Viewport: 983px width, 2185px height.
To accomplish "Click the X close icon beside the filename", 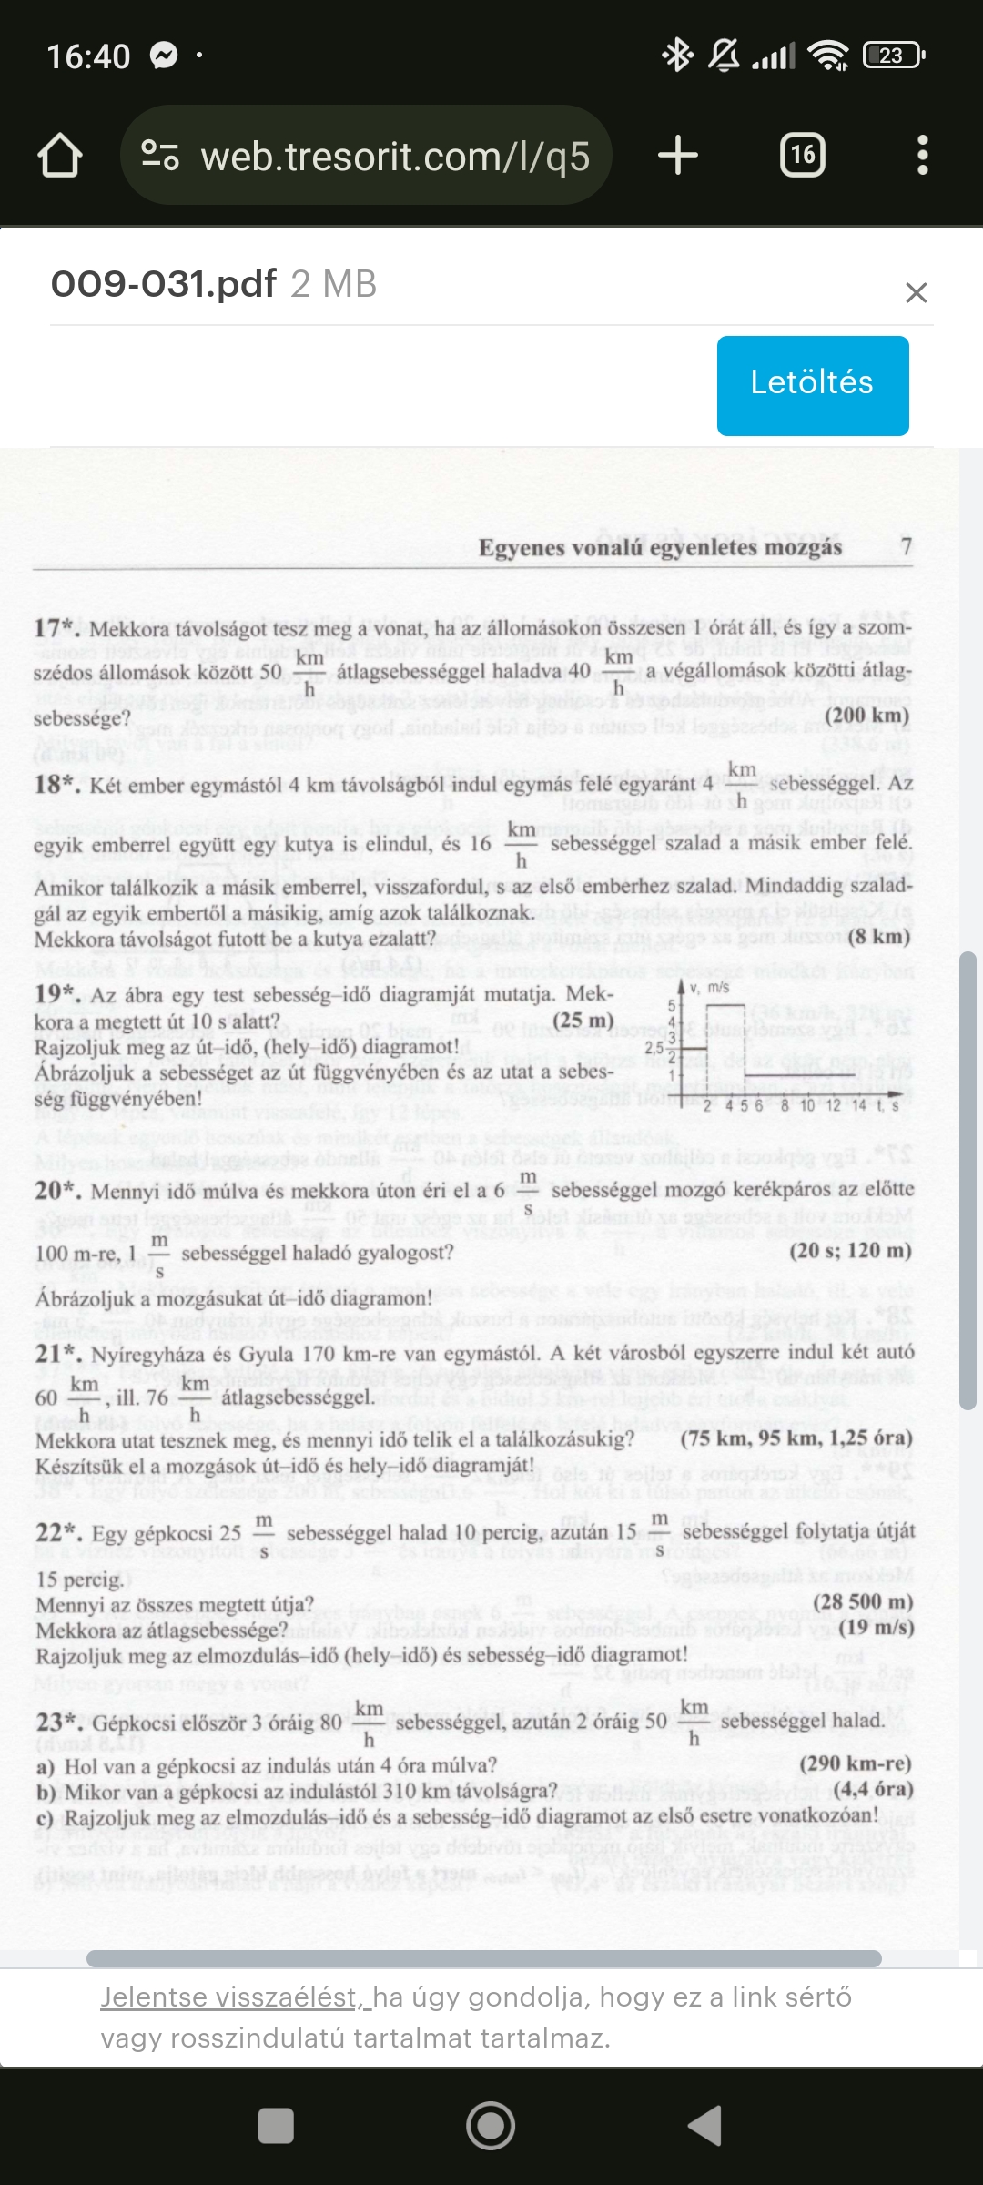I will (x=916, y=292).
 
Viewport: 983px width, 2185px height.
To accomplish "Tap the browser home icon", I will (x=60, y=156).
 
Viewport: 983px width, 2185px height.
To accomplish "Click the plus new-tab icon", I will (x=678, y=156).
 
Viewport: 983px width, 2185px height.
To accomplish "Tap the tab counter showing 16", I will (x=803, y=156).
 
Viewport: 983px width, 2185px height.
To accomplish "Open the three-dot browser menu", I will (x=922, y=156).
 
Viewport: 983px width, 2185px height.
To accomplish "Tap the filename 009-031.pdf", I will (x=164, y=284).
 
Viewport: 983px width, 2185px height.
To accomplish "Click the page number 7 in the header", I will (x=906, y=546).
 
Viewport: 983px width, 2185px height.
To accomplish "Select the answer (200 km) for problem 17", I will (x=866, y=715).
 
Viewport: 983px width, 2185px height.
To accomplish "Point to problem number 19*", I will (x=56, y=994).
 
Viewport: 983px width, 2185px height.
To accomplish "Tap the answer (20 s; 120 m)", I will (x=850, y=1251).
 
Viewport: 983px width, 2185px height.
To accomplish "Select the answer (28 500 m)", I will (x=862, y=1602).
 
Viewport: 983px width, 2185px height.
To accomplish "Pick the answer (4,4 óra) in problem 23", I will (x=873, y=1789).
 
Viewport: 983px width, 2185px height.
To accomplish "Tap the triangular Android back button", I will (x=705, y=2127).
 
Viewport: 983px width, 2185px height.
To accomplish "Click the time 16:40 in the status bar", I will (x=88, y=56).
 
